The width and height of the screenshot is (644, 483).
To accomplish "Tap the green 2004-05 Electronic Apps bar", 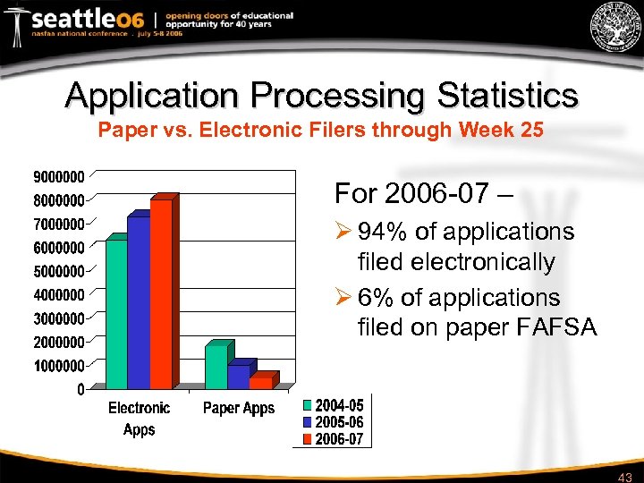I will (116, 314).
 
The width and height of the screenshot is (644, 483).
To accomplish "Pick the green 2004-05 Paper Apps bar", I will (216, 367).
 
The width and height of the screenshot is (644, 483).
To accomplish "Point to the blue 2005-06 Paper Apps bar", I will (238, 377).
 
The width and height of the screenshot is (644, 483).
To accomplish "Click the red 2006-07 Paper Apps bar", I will (260, 382).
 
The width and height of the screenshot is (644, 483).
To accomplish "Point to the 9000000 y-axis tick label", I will (59, 175).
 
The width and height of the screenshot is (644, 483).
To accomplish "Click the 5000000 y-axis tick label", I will (59, 270).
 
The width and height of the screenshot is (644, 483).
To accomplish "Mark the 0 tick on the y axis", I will (80, 389).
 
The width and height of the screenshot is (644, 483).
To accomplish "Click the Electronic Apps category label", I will (139, 419).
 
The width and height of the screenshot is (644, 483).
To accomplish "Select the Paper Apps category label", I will (239, 409).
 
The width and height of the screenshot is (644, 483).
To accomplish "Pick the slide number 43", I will (625, 476).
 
